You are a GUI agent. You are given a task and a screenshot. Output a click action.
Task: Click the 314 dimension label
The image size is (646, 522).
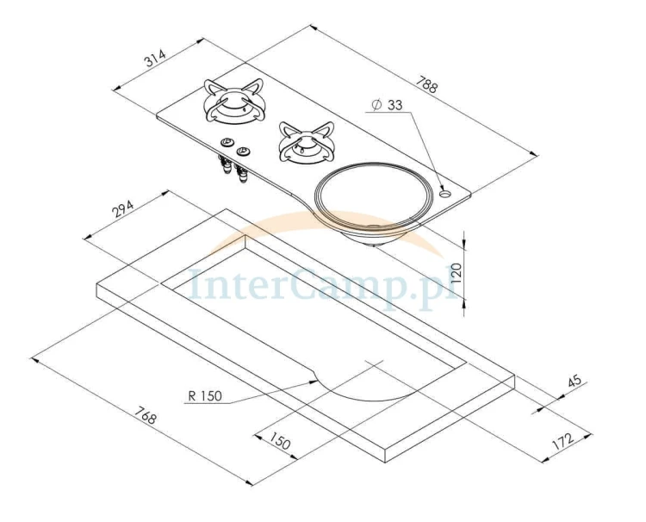coord(155,59)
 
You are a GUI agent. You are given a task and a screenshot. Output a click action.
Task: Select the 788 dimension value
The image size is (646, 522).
coord(426,85)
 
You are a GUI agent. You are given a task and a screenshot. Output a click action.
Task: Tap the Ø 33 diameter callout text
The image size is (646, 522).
coord(387,104)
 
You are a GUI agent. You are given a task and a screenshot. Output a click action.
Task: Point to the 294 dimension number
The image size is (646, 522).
coord(123,209)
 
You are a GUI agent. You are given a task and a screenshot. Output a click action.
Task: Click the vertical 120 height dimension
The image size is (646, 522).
coord(457,272)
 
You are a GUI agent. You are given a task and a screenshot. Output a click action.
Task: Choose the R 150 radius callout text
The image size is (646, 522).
coord(205,396)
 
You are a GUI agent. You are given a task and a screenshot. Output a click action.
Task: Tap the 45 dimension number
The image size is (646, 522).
coord(575,381)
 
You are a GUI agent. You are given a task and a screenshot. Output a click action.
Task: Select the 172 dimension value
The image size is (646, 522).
coord(562,440)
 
